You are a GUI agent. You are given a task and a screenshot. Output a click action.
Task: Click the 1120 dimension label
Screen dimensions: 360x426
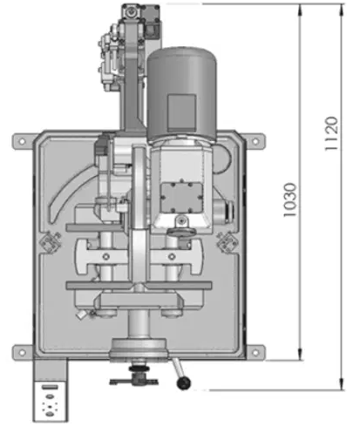tap(331, 133)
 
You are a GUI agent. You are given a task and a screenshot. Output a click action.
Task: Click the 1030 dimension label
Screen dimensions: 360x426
tap(290, 199)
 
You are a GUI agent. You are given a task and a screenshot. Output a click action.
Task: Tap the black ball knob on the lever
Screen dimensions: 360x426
tap(184, 382)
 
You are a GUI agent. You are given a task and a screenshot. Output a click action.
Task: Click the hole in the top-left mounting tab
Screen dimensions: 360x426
tap(22, 141)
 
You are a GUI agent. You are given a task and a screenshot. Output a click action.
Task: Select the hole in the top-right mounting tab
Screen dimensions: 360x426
tap(255, 141)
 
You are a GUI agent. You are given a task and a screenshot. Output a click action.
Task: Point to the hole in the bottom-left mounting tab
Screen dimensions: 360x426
tap(22, 353)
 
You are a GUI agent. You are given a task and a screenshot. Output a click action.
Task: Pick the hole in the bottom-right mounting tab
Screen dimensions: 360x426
tap(255, 353)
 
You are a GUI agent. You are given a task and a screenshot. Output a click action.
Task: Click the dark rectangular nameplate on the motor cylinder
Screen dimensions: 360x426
tap(182, 112)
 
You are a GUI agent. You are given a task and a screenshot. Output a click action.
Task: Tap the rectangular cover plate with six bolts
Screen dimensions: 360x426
tap(181, 197)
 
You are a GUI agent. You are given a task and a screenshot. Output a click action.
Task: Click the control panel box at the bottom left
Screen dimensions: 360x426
tap(50, 401)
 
